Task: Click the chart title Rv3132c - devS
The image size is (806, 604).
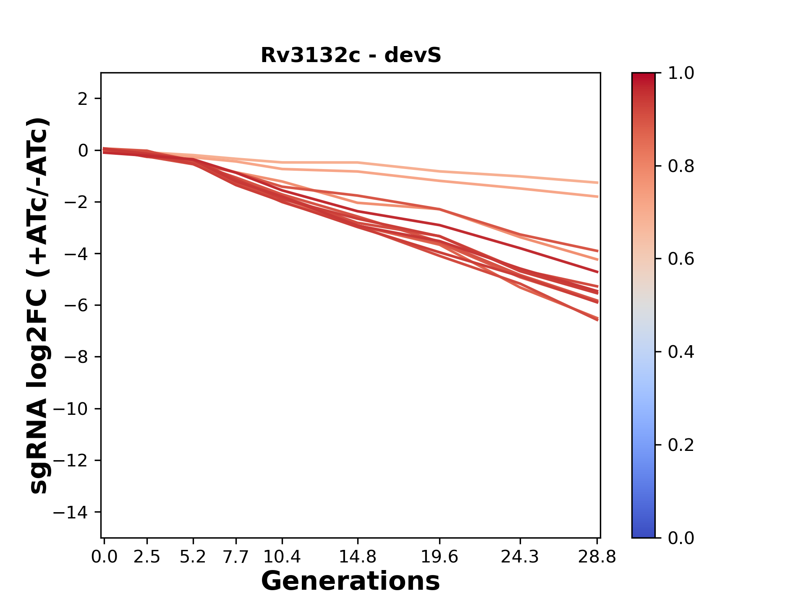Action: point(351,55)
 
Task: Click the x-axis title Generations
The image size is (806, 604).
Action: point(351,581)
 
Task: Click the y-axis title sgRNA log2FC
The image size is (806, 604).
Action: point(39,305)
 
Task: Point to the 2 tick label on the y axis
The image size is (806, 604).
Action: point(83,99)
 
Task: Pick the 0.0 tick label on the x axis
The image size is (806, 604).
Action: point(104,557)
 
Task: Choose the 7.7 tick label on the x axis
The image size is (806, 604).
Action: point(236,557)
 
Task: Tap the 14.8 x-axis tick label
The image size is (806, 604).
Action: point(357,557)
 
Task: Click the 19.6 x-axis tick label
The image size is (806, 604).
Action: point(439,557)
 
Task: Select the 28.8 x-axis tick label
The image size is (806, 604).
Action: point(597,557)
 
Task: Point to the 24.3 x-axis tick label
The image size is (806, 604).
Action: point(520,557)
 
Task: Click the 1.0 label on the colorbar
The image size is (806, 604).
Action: point(681,73)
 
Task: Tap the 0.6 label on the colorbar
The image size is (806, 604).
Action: point(681,259)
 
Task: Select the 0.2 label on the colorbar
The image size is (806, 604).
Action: point(681,445)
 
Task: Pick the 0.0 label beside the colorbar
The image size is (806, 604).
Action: point(681,538)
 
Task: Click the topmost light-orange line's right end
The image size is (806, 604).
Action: point(597,182)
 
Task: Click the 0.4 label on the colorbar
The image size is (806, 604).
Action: point(681,352)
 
